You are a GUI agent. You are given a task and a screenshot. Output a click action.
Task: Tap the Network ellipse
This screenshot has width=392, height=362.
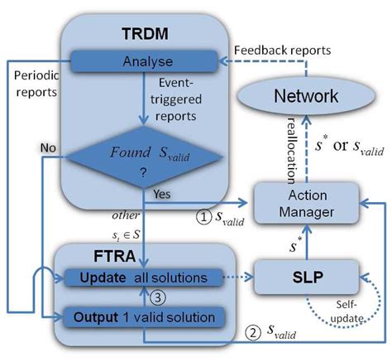click(x=307, y=96)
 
